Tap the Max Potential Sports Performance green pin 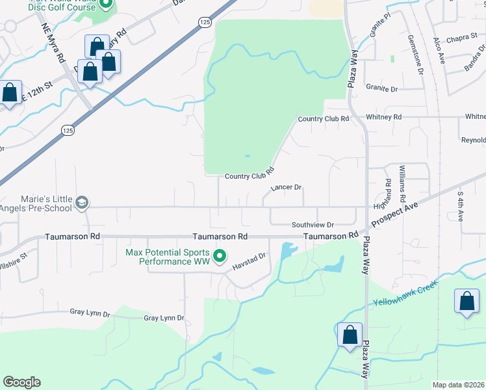click(220, 256)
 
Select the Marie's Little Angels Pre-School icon click(81, 203)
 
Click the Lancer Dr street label click(287, 187)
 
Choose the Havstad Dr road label click(250, 260)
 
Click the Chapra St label click(462, 38)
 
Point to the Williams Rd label click(403, 184)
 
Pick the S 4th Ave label click(461, 206)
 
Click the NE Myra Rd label click(54, 44)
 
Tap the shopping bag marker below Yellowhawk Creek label click(467, 302)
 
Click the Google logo click(22, 382)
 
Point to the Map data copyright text click(458, 385)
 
